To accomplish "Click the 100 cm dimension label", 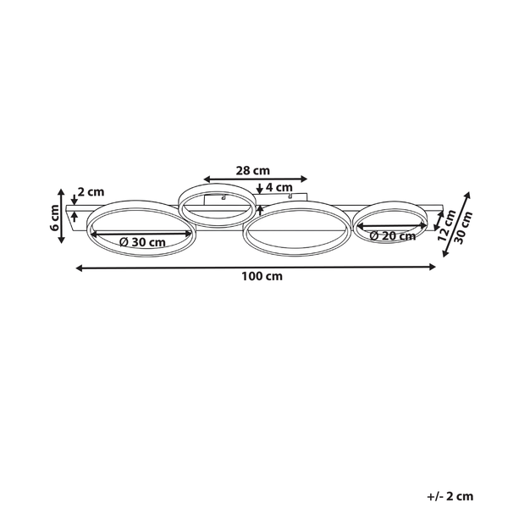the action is point(262,276).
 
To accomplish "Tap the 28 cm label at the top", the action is point(252,170).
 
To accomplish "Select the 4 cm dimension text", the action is point(279,187).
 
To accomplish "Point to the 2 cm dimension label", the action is point(91,192).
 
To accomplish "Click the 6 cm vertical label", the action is point(55,218).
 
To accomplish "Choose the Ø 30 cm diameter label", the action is point(142,241).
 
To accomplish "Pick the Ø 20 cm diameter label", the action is point(392,235).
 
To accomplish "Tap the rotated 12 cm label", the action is point(446,225).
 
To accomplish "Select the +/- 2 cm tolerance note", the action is point(450,496).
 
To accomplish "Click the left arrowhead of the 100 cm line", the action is point(79,268).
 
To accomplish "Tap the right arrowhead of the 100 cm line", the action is point(432,267).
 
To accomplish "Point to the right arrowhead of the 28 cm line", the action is point(304,179).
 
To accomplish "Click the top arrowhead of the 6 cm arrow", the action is point(61,192).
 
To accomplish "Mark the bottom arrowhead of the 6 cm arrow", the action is point(61,240).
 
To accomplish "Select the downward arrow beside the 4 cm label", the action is point(259,189).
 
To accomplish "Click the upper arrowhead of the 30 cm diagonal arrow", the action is point(467,196).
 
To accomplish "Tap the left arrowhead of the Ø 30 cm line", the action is point(94,234).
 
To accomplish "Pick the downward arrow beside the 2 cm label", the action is point(75,200).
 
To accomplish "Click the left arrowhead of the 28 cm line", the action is point(207,179).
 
